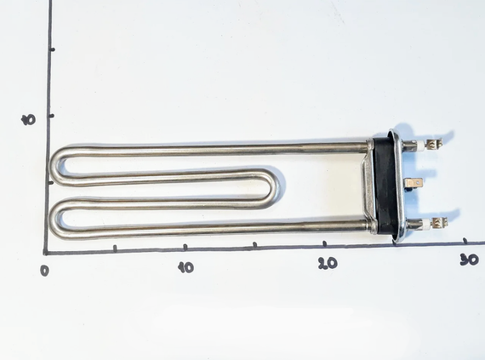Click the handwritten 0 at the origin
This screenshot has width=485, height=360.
coord(44,271)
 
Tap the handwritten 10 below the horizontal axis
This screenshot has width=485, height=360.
coord(186,267)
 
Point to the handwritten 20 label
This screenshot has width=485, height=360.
coord(328,263)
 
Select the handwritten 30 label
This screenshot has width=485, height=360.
coord(469,260)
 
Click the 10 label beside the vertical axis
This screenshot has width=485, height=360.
coord(28,120)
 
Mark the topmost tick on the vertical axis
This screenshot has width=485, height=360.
coord(52,49)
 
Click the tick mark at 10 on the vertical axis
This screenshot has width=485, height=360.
coord(51,116)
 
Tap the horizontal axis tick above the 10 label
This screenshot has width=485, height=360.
coord(185,247)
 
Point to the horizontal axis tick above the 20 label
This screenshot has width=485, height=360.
coord(325,244)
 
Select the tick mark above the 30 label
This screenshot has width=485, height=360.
coord(465,241)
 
